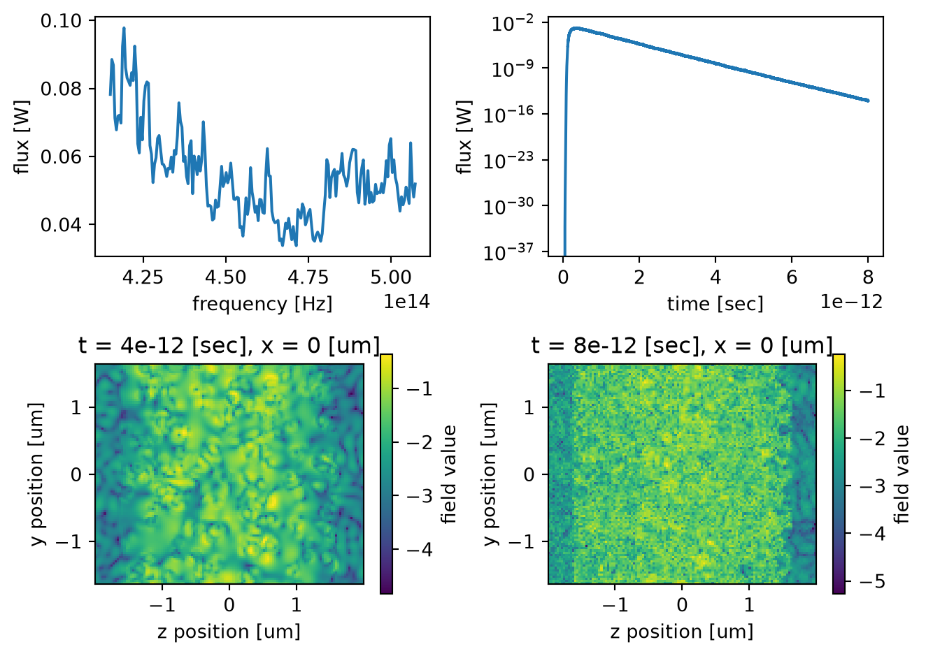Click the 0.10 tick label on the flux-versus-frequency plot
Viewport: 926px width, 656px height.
(61, 21)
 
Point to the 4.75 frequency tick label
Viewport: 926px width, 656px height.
(308, 277)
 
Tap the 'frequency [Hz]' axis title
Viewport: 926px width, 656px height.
(262, 304)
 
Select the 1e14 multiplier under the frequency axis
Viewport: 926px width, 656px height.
(407, 302)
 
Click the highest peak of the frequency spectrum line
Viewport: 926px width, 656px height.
(124, 28)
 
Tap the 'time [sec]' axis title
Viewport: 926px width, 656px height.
(715, 305)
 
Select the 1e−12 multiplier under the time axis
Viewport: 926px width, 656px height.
(852, 302)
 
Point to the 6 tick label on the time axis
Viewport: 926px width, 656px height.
(792, 277)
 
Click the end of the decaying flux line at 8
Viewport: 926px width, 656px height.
(868, 101)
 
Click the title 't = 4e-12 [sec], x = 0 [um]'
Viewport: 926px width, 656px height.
(229, 345)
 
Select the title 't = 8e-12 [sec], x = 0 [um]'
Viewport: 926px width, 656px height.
(682, 345)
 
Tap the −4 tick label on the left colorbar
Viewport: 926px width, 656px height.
(420, 550)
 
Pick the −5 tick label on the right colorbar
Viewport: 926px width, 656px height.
(872, 582)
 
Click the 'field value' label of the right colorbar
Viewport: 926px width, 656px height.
(902, 474)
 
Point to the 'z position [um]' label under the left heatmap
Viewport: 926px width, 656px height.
(229, 632)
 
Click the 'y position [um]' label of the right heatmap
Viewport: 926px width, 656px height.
(490, 474)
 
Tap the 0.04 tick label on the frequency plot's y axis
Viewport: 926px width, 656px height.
(61, 225)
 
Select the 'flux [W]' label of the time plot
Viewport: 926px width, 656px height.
(464, 137)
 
